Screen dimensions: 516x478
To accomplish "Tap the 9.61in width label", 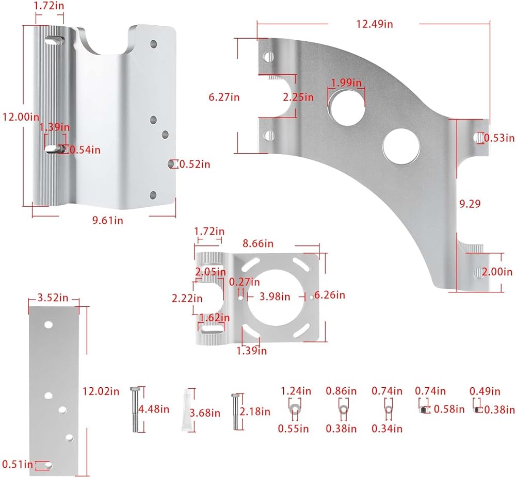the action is (x=107, y=220).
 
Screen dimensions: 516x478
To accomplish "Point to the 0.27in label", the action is (x=245, y=282).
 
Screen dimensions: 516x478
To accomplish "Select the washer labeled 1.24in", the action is (x=294, y=410).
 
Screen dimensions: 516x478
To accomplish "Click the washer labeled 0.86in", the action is (x=342, y=410).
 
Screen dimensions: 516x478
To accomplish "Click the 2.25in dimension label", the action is (x=298, y=96).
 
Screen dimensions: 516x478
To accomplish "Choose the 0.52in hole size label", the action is (x=195, y=164).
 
